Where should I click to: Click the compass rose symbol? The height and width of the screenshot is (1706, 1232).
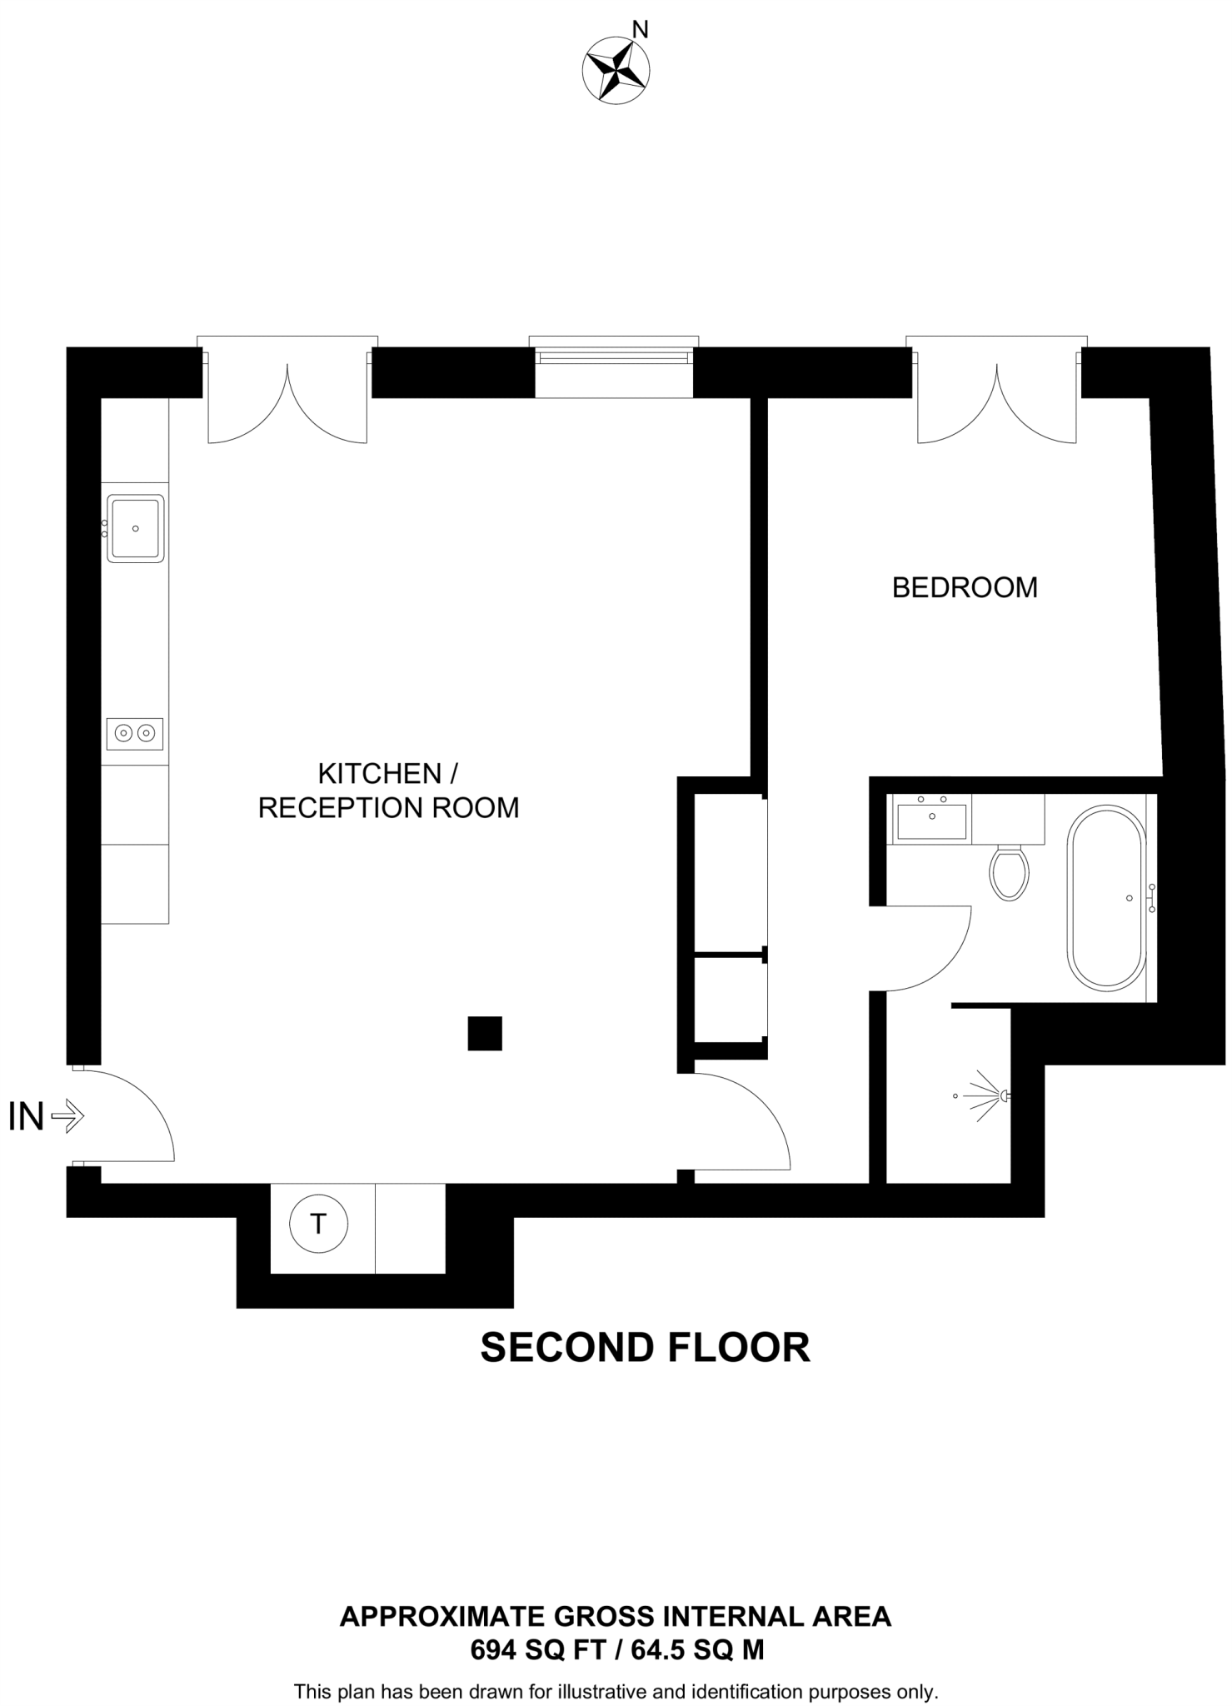616,70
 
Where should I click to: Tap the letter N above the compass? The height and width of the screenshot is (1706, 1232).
640,31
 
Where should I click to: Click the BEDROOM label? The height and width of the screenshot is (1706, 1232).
965,588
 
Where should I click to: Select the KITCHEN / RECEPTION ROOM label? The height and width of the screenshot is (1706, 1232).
388,791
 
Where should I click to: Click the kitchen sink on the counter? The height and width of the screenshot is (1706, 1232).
135,528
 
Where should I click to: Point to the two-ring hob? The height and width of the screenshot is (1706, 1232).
135,733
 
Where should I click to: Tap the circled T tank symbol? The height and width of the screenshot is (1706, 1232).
318,1224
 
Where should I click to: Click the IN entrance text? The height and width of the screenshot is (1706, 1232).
26,1117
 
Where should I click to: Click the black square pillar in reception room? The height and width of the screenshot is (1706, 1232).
485,1033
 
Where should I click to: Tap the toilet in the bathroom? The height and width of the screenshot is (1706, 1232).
1009,872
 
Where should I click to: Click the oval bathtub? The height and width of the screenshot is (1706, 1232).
1107,897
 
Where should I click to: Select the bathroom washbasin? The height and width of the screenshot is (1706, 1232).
931,819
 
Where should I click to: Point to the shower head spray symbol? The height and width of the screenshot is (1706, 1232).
988,1095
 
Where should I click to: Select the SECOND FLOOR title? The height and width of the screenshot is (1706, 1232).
645,1347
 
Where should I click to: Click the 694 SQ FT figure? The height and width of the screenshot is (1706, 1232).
537,1649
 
